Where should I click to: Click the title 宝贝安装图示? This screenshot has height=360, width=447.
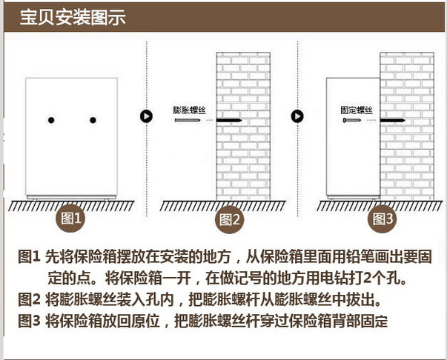point(73,17)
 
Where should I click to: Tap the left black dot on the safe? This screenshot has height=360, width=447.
point(51,120)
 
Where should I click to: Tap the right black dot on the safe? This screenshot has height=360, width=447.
point(93,120)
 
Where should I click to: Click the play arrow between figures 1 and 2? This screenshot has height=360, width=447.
point(146,116)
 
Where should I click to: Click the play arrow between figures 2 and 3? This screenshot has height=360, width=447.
point(297,116)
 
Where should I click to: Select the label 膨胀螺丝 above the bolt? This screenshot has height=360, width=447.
point(189,110)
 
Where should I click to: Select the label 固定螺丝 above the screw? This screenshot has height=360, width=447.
point(357,110)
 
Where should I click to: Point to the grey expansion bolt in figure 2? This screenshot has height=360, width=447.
point(188,120)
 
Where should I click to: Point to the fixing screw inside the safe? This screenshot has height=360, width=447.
point(352,120)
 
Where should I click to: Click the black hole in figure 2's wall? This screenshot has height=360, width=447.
point(229,120)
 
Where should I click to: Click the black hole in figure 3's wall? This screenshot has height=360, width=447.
point(393,120)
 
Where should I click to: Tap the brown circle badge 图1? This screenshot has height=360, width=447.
point(70,219)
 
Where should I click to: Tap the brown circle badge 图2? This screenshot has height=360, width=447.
point(230,219)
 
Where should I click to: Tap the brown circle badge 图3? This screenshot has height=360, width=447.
point(383,219)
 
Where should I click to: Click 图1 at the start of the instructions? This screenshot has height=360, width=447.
point(29,256)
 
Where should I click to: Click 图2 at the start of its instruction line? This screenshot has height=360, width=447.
point(30,299)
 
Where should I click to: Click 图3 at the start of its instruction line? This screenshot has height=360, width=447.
point(30,321)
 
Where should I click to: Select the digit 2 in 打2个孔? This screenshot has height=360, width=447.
point(368,279)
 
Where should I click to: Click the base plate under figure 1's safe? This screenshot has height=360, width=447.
point(71,197)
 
